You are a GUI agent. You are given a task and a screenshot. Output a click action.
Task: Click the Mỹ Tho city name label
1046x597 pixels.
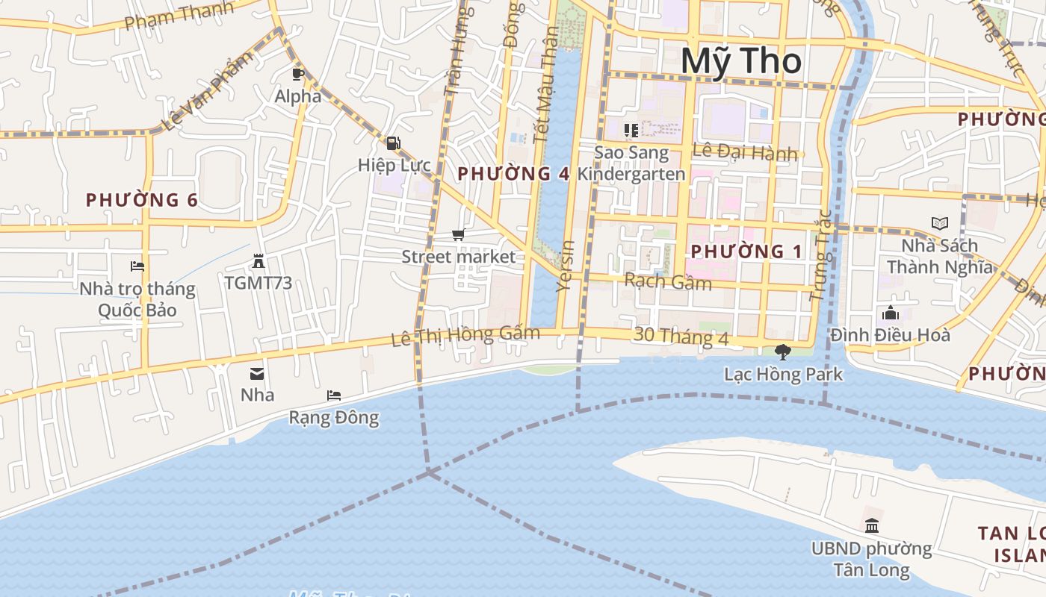(x=740, y=60)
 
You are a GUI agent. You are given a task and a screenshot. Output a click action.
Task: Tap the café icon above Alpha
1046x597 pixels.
(x=297, y=73)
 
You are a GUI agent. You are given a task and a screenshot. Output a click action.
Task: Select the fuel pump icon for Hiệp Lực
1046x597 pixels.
(x=393, y=143)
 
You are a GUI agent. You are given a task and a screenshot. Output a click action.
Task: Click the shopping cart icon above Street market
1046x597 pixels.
(x=459, y=235)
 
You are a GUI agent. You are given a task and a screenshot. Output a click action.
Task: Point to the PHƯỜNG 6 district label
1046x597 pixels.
(x=141, y=200)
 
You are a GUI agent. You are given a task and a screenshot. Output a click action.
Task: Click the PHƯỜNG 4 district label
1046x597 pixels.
(x=513, y=173)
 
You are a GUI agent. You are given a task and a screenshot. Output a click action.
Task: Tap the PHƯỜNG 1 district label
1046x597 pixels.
(x=746, y=251)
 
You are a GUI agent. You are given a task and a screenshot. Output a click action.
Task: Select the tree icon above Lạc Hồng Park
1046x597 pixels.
(x=783, y=351)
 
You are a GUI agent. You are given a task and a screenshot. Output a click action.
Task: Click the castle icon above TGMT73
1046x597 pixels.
(x=259, y=261)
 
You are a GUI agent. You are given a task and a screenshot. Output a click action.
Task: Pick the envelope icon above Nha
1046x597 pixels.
(x=257, y=373)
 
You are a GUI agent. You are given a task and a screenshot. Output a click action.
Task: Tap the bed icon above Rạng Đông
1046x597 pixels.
(x=334, y=396)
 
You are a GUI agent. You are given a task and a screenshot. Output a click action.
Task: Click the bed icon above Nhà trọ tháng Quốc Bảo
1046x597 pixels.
(x=137, y=266)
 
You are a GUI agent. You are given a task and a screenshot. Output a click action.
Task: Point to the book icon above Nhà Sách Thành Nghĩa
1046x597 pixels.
(x=939, y=223)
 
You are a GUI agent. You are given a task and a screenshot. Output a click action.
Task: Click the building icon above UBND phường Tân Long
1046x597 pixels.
(x=871, y=526)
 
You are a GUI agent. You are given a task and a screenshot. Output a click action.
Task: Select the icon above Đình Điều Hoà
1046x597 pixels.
(x=890, y=313)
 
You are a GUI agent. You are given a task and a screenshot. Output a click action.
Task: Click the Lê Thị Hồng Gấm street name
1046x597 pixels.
(x=465, y=336)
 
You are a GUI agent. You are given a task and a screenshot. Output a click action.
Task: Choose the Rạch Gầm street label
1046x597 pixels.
(x=667, y=281)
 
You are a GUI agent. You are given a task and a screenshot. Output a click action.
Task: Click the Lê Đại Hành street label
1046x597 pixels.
(x=745, y=151)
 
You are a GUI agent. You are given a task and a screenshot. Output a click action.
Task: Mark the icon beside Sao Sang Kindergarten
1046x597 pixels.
(x=631, y=131)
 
